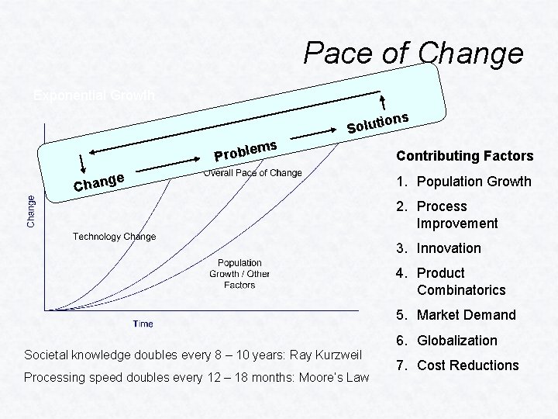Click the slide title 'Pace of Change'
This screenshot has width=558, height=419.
(413, 53)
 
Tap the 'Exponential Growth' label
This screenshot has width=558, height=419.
(94, 95)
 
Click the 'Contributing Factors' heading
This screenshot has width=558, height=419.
(465, 156)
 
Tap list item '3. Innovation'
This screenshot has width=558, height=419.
(440, 248)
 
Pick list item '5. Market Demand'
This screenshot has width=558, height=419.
(457, 315)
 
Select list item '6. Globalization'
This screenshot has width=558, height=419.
(448, 340)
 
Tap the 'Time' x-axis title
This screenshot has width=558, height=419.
(143, 324)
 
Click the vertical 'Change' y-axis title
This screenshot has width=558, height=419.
(31, 210)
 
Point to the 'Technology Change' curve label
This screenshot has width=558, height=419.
(114, 236)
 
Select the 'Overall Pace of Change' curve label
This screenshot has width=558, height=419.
(253, 172)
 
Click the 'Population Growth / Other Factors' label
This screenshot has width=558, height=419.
(239, 274)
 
